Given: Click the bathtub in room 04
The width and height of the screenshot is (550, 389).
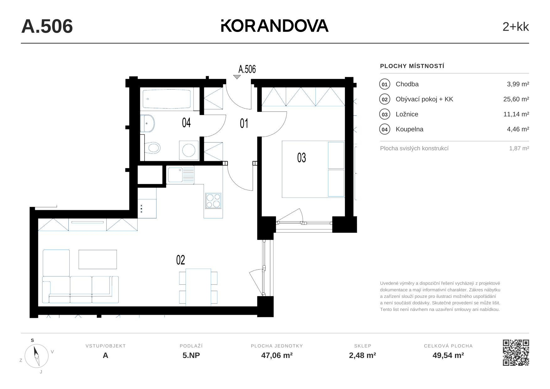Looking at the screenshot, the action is pos(167,99).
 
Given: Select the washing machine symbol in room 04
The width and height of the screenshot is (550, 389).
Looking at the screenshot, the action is pos(189,150).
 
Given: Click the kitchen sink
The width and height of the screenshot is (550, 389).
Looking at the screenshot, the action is pos(181,175).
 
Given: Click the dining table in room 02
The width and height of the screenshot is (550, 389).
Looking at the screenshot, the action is pos(198,287).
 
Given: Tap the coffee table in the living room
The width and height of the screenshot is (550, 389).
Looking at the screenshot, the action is pos(98,259).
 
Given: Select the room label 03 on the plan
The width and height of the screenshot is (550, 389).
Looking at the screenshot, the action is pos(302,158).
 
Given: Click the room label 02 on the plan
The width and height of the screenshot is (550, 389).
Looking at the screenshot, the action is pos(181,260).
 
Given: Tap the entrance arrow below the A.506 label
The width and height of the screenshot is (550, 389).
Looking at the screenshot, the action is pos(237,77).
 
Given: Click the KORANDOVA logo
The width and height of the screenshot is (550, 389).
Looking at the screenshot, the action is pos(275,26).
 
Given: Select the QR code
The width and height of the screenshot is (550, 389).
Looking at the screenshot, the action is pos(516,353).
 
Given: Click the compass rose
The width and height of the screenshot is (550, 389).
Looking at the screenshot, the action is pos(36,356).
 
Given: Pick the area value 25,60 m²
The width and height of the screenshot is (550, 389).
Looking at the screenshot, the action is pos(516,99).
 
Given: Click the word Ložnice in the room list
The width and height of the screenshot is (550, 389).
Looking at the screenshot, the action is pos(407,114).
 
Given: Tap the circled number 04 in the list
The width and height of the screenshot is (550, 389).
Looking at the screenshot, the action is pos(385,129).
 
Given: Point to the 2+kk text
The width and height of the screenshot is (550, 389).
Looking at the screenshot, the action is pos(516,27).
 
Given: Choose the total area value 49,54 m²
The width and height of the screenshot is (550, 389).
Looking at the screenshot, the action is pos(448,355).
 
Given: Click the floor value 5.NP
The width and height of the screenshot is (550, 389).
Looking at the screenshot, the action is pos(191,355).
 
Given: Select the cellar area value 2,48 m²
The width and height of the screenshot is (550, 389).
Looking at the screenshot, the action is pos(362,355).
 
